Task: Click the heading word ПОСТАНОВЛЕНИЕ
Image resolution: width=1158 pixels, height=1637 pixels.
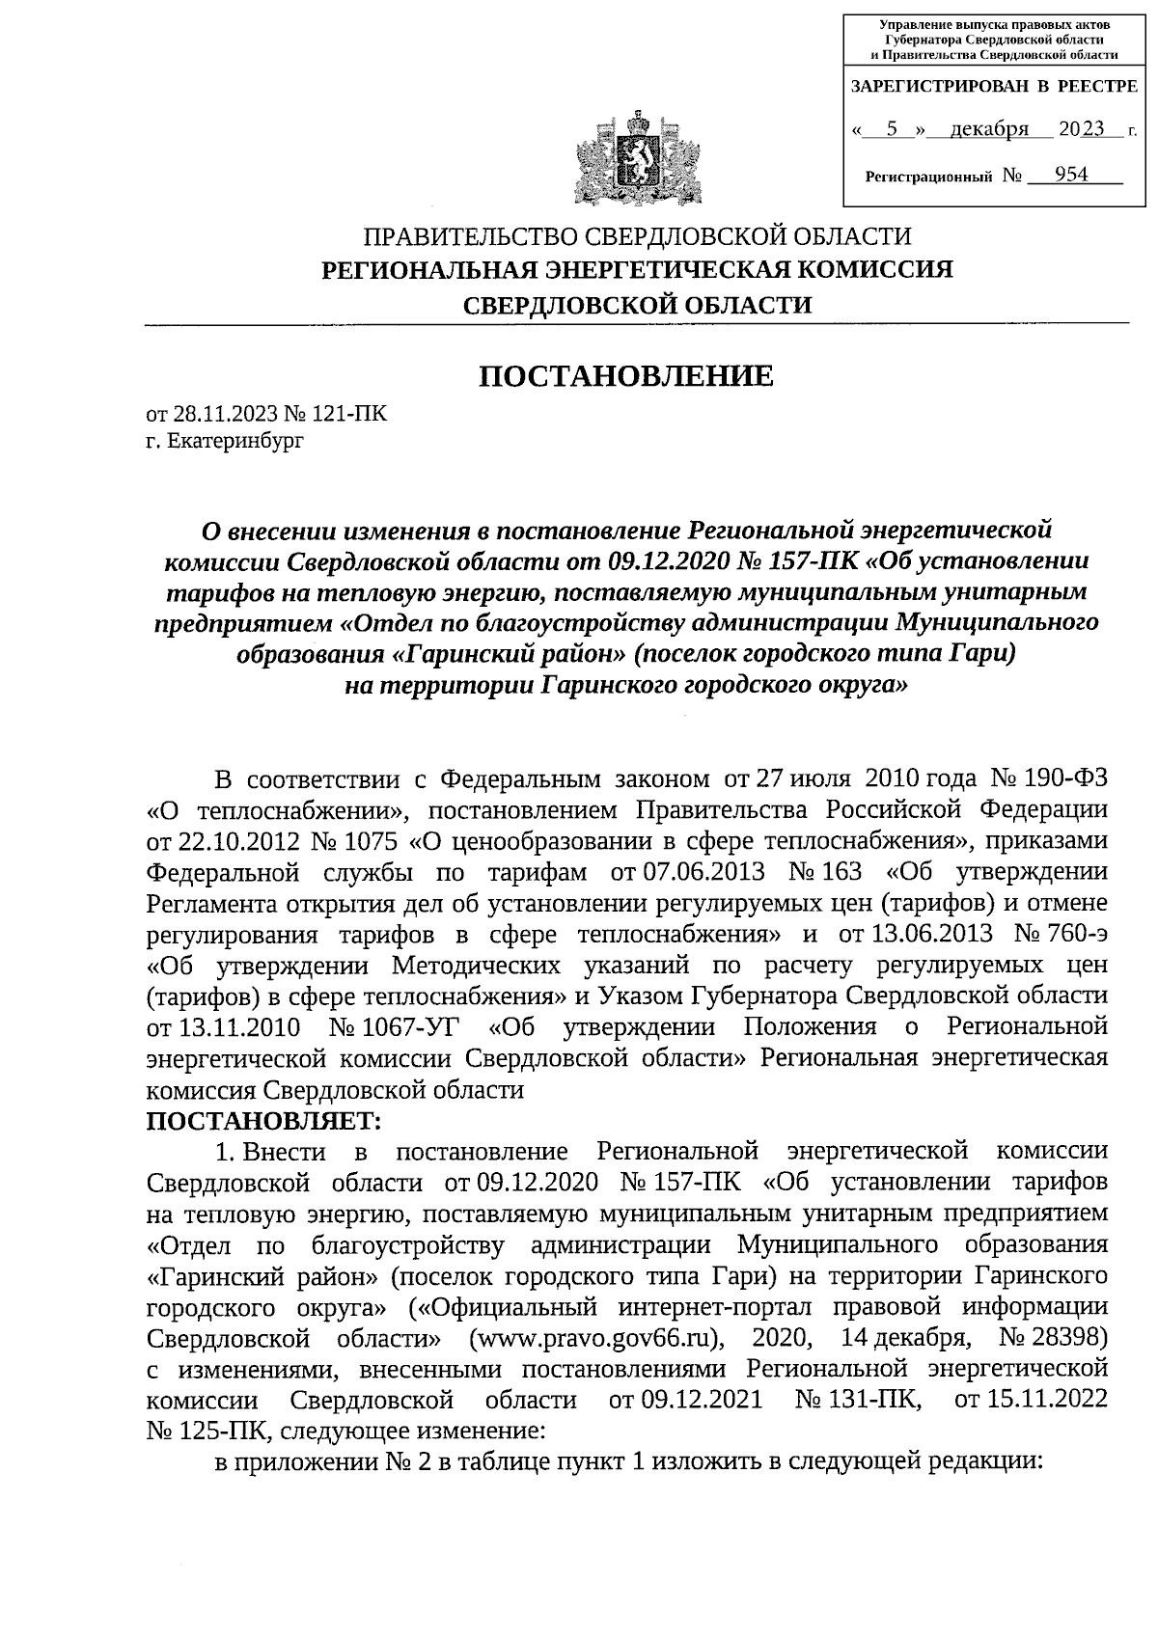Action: pos(627,375)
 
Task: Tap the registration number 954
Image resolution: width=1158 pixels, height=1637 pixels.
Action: pos(1071,175)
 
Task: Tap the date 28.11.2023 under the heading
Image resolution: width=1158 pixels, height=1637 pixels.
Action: pos(225,415)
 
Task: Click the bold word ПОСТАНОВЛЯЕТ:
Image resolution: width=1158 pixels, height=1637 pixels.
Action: pos(263,1121)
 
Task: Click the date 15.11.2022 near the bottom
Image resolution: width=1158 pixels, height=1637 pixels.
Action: pos(1044,1400)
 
